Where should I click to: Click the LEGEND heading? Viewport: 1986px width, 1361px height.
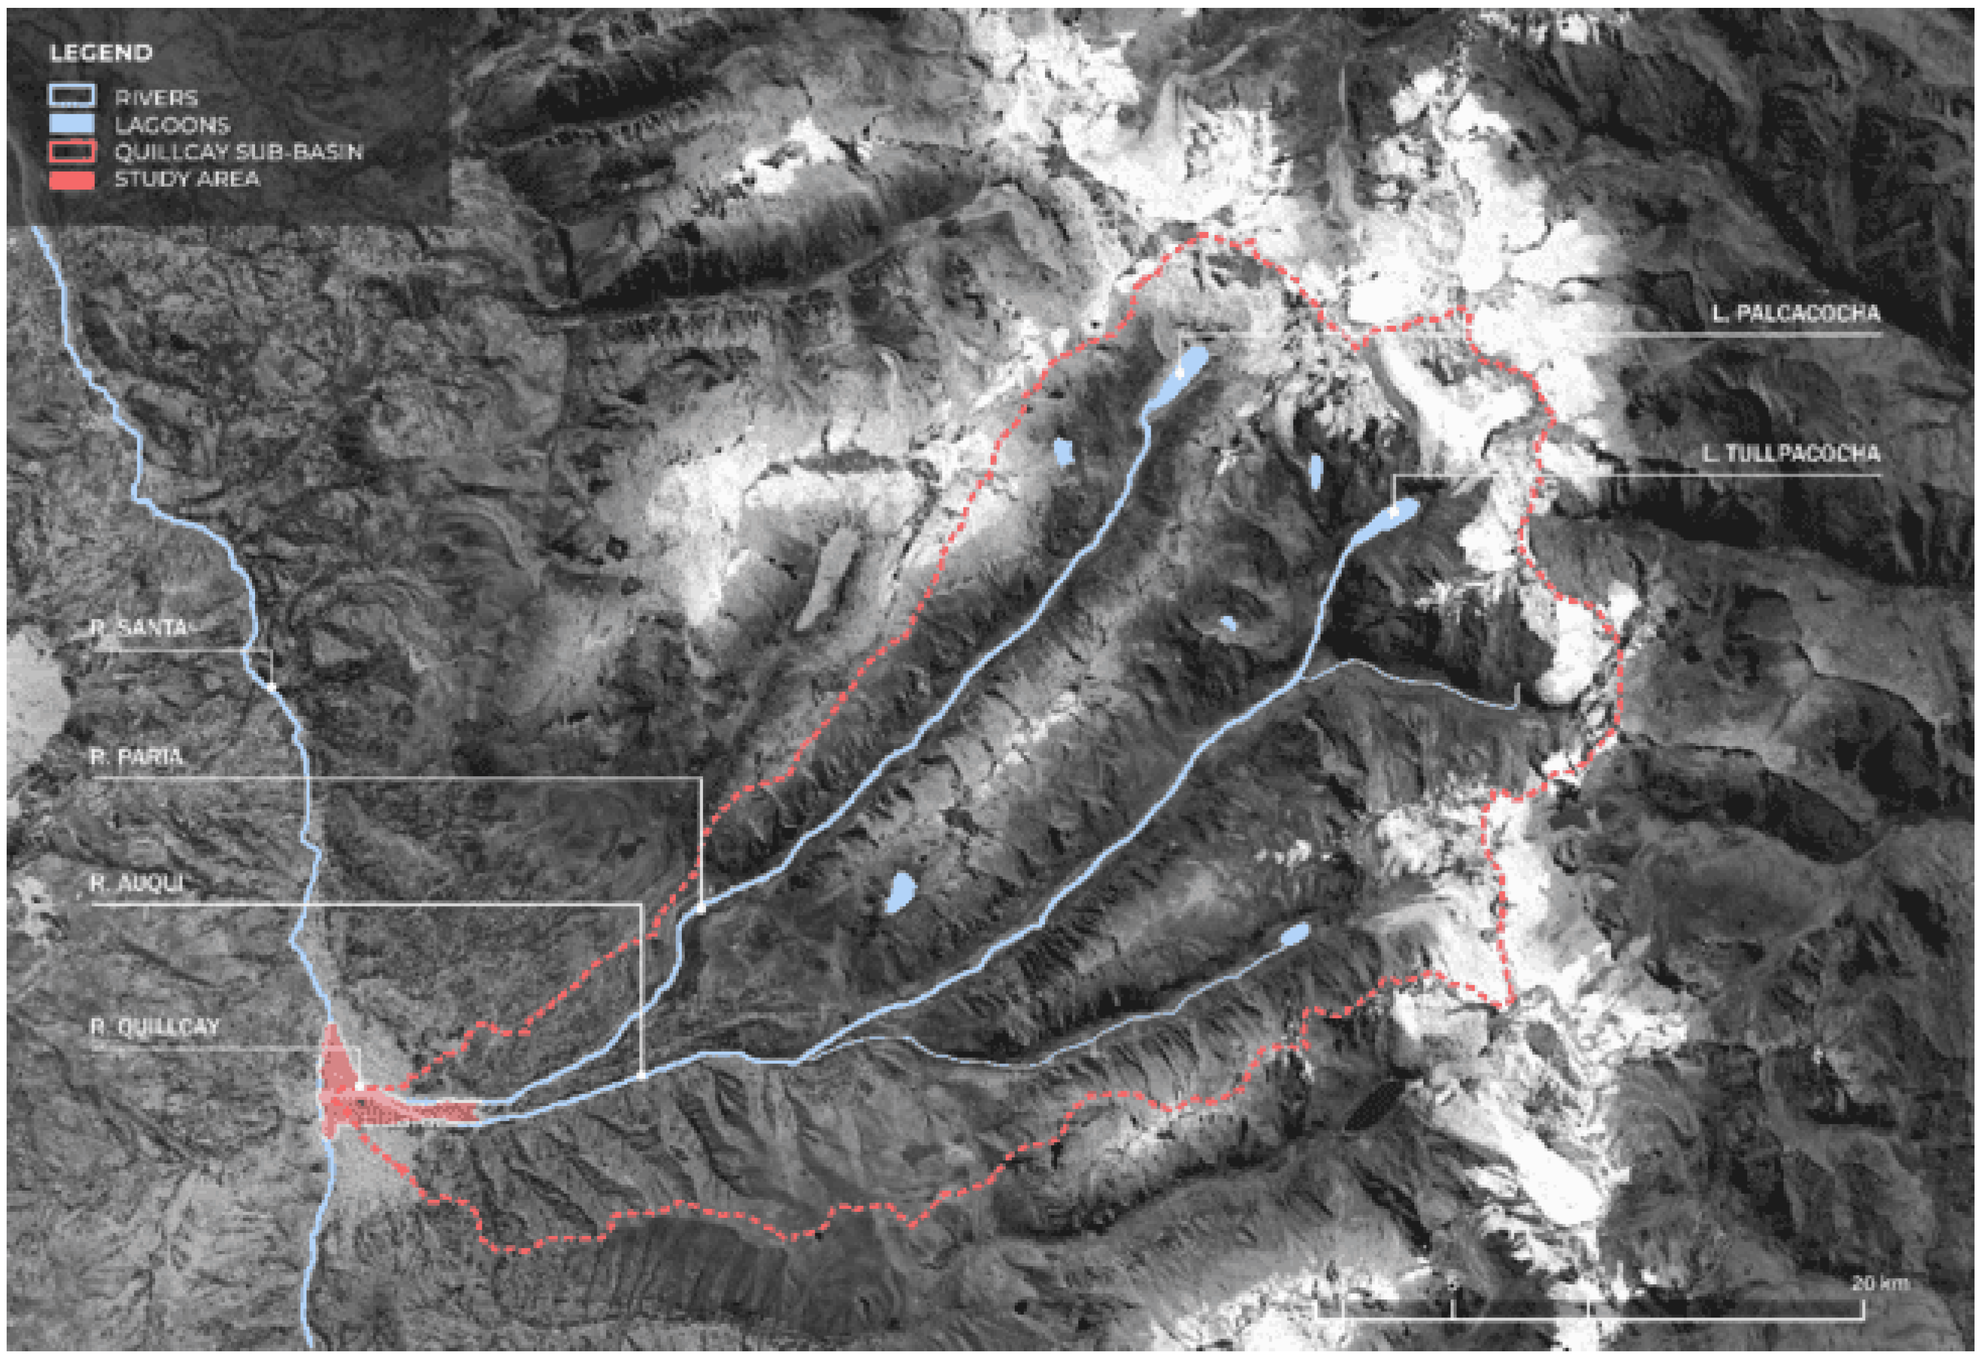(x=101, y=53)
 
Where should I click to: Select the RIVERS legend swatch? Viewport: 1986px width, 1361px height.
(x=72, y=97)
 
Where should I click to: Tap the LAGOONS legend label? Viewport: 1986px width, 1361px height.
(x=173, y=126)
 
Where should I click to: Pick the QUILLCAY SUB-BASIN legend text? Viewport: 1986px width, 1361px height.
(x=238, y=152)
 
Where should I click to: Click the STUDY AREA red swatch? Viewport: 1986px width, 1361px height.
(x=72, y=179)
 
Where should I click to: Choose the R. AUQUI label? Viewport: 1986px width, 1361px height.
(x=137, y=883)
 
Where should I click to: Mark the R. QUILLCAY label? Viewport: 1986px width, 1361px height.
(x=155, y=1026)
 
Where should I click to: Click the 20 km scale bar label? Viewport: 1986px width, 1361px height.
(x=1879, y=1282)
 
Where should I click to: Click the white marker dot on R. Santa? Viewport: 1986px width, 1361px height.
(x=271, y=686)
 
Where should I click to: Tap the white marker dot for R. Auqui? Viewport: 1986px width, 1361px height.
(x=641, y=1076)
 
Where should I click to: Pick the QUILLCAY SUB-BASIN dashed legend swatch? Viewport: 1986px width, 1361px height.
(x=72, y=152)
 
